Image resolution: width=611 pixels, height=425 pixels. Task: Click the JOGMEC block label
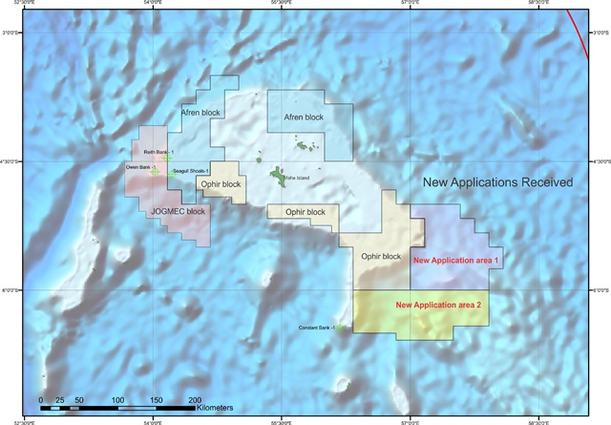[178, 211]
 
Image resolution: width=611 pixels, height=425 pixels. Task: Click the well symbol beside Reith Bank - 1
[168, 159]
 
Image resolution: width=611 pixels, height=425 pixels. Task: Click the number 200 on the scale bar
[195, 398]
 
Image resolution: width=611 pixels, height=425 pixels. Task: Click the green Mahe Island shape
[277, 177]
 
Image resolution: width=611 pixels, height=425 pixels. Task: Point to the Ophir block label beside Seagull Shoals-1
[221, 183]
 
